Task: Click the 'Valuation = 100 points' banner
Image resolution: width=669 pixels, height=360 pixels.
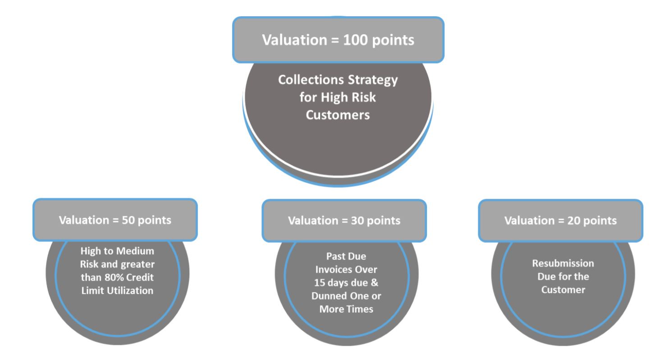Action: [338, 40]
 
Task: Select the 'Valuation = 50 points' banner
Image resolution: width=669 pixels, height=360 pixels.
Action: [115, 221]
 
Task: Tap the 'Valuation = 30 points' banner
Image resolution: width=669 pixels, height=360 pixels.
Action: [344, 221]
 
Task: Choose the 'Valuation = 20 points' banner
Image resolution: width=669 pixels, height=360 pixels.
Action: [560, 221]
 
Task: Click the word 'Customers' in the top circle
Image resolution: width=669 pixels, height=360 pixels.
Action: [338, 114]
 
